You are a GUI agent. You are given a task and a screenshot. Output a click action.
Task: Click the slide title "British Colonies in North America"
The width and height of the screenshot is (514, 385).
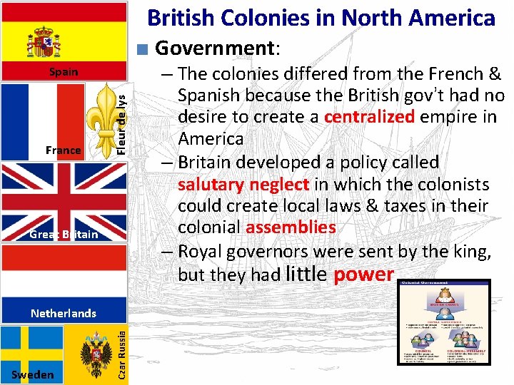tap(321, 18)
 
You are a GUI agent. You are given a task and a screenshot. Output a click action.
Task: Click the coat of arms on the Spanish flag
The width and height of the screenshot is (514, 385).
tap(44, 43)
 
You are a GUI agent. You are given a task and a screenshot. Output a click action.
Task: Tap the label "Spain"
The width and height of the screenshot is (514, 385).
tap(63, 72)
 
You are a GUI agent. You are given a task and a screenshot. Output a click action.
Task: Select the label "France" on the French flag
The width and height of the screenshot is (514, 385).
tap(63, 150)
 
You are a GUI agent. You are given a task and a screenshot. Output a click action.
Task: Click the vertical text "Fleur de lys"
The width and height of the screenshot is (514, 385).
tap(122, 118)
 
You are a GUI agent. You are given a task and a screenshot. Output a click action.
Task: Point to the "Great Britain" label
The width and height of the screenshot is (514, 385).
tap(64, 234)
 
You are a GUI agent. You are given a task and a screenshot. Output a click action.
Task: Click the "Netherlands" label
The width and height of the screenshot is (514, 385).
tap(64, 313)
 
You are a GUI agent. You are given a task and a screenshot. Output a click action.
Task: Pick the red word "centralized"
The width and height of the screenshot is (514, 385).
tap(369, 116)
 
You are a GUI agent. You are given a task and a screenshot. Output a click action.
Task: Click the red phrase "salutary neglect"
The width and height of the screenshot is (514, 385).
tap(243, 185)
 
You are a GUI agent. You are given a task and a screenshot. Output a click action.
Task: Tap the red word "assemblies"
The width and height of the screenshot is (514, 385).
tap(291, 227)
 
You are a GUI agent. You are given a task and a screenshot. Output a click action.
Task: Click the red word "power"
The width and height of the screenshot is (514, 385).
tap(364, 274)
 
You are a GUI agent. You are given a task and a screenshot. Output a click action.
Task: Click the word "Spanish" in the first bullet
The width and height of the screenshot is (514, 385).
tap(207, 95)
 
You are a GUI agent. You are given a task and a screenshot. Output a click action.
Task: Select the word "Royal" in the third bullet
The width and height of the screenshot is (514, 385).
tap(199, 251)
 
